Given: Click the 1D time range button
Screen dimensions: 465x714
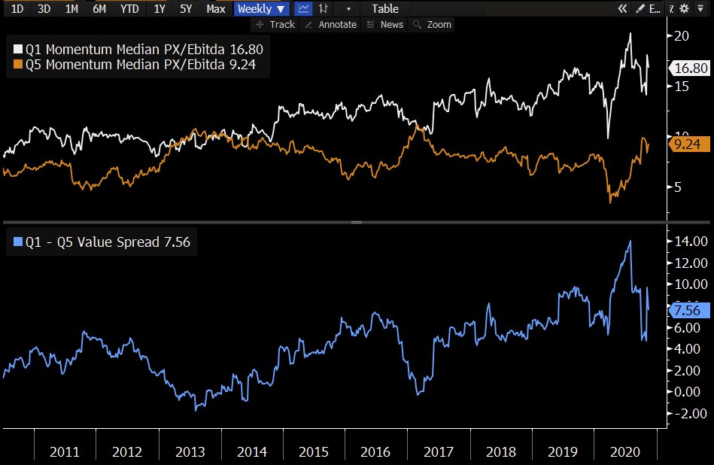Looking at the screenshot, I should [17, 9].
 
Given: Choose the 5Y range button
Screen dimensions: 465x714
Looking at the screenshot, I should [185, 9].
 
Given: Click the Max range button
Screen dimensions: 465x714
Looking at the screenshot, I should [215, 9].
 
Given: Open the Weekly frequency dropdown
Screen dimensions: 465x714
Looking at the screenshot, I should [261, 9].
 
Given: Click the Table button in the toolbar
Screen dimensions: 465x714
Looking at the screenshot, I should [384, 9].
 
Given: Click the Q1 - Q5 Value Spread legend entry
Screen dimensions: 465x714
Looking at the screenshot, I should [102, 242].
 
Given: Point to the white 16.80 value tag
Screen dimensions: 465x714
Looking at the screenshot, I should [689, 68].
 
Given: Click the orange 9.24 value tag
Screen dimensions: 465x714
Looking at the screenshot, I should [685, 144].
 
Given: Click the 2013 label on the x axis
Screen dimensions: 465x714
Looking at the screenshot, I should [190, 452].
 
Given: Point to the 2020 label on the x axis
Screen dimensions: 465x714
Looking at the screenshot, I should [624, 452].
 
